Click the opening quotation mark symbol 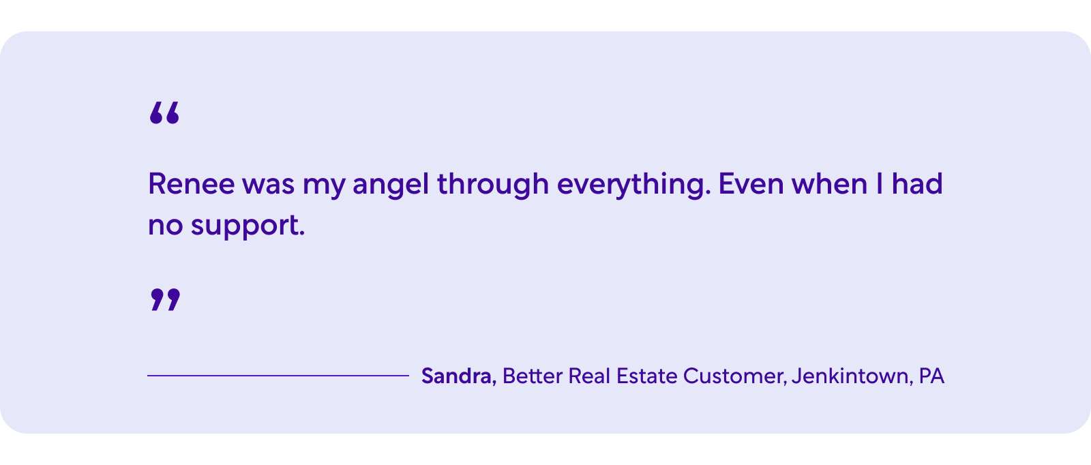(x=164, y=113)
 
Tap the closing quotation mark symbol (x=165, y=299)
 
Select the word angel (x=391, y=185)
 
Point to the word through (x=493, y=185)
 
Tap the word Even (x=751, y=184)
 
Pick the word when (x=829, y=184)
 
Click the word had (x=917, y=183)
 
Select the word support (x=248, y=226)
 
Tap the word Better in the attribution (x=533, y=376)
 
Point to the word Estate (x=647, y=376)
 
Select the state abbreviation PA (x=931, y=376)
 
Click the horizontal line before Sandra (x=278, y=376)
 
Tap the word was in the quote (x=269, y=185)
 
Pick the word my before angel (x=323, y=187)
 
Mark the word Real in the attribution (x=589, y=376)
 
